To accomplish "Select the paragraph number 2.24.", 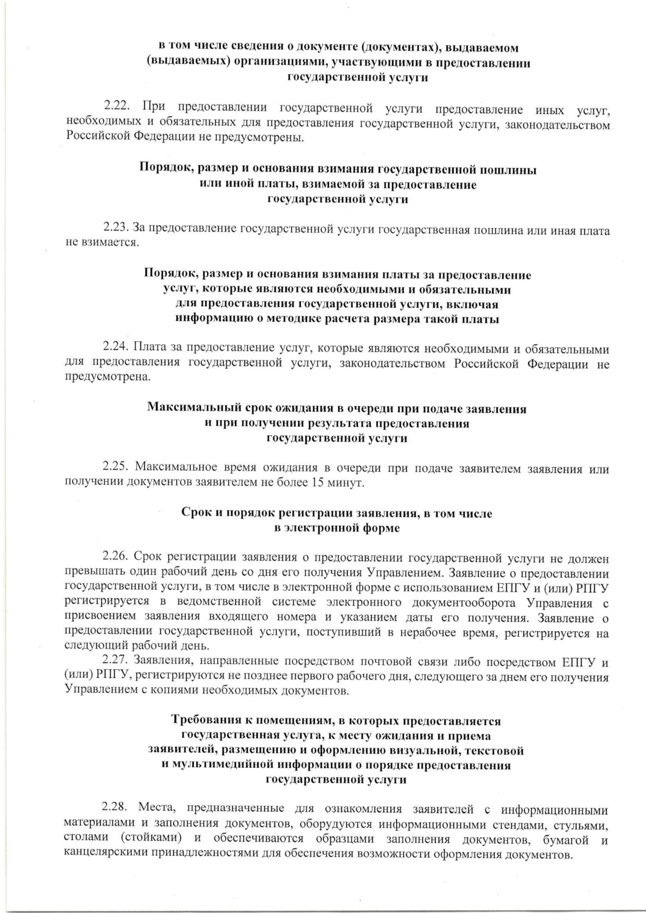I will pos(116,349).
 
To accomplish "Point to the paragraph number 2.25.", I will pos(116,468).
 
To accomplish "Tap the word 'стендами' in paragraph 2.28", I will pos(514,824).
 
